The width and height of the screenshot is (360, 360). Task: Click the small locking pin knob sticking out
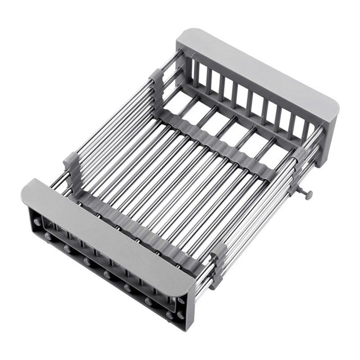click(x=308, y=194)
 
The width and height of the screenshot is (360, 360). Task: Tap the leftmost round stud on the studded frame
click(x=37, y=222)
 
